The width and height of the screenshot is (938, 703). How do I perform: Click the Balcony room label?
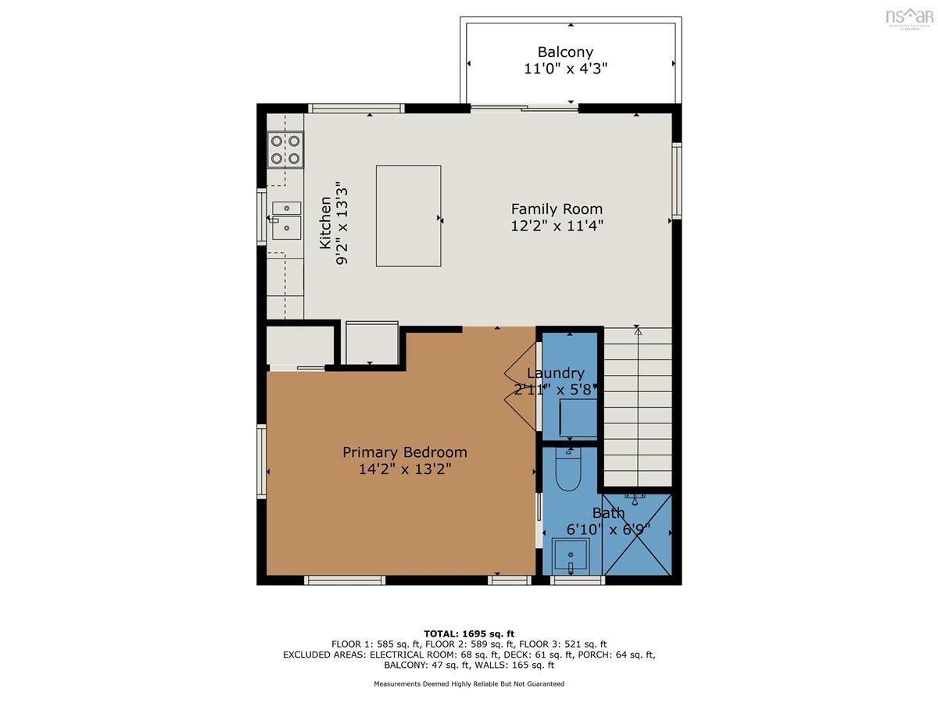pos(565,52)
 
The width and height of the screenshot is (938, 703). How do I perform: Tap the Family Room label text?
pos(557,209)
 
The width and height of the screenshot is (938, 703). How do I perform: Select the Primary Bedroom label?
pos(404,452)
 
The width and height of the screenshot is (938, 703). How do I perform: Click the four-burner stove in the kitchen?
pos(285,149)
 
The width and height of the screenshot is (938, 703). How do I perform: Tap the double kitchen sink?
pos(286,220)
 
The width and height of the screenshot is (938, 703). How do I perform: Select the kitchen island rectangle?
pos(408,216)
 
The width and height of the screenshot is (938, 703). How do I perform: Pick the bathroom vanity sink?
pos(571,556)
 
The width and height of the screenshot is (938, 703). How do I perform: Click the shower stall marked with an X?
pos(636,534)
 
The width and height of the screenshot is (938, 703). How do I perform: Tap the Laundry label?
pos(555,373)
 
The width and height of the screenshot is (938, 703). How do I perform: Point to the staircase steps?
pos(637,407)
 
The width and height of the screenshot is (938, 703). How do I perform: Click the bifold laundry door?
pos(521,387)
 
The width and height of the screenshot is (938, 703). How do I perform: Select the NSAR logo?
pos(909,17)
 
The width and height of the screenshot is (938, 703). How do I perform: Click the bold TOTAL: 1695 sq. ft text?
pos(469,633)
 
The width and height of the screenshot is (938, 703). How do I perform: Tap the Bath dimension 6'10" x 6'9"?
pos(608,530)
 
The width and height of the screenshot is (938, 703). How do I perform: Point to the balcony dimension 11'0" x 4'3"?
pos(565,68)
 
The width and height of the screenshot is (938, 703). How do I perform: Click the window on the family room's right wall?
pos(676,181)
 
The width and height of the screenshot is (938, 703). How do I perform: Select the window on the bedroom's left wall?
pos(262,462)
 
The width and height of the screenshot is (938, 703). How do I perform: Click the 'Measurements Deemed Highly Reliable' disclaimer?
pos(469,683)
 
